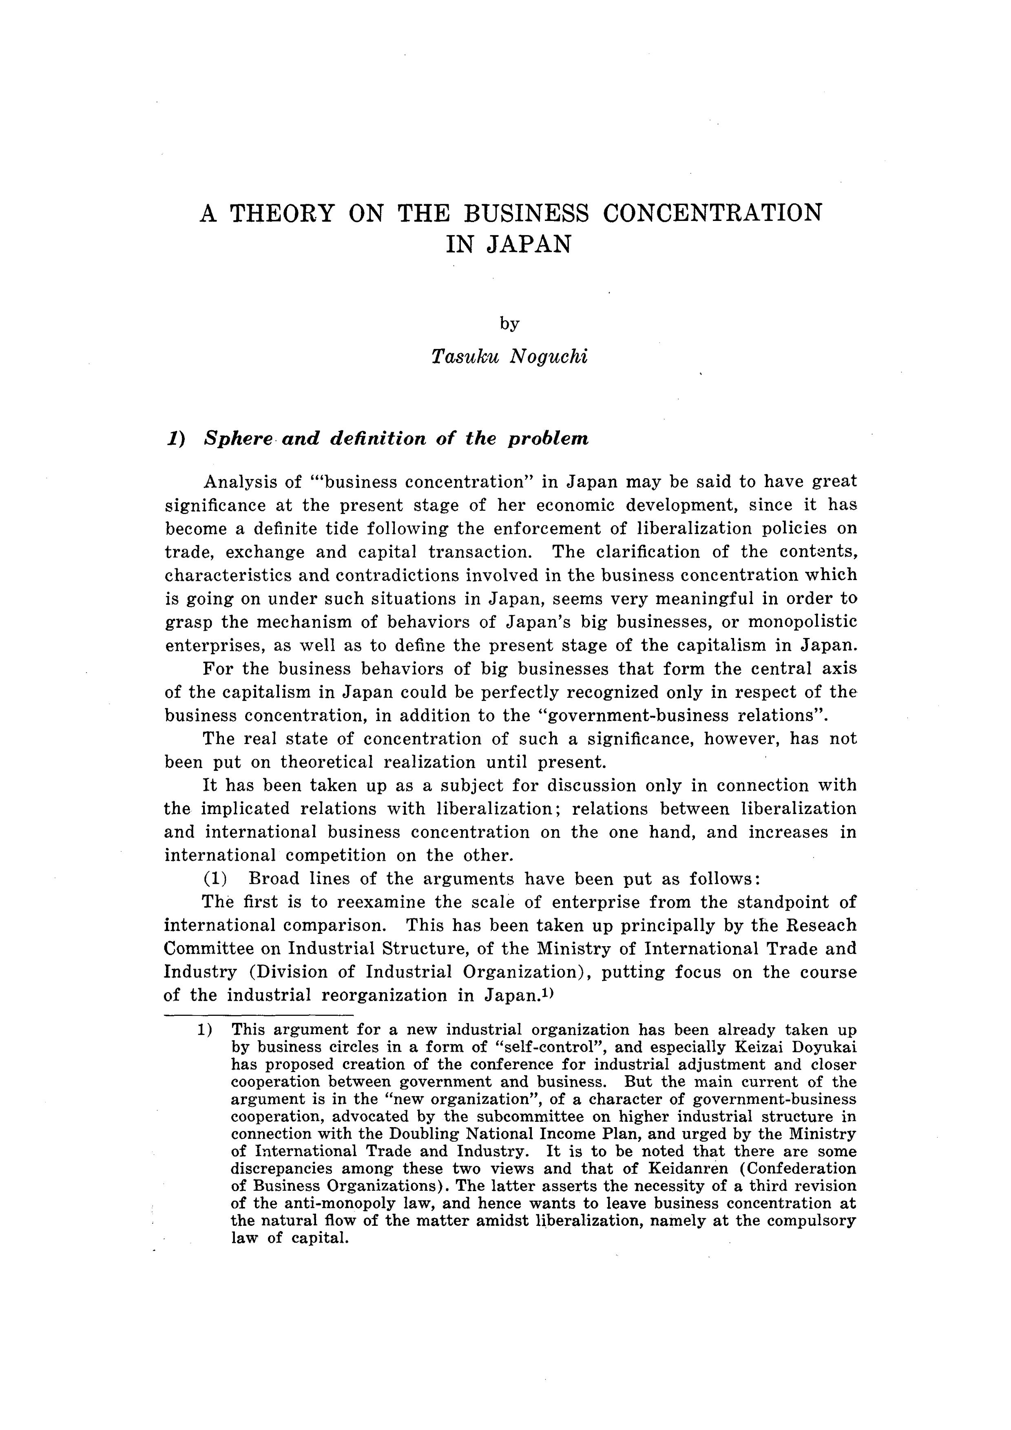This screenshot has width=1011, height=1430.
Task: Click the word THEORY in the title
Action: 281,214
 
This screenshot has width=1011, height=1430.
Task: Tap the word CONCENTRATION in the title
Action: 712,214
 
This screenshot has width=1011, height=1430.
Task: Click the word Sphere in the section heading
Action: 239,439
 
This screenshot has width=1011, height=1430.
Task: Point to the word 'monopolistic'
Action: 802,622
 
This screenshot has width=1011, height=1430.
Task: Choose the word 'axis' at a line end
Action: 841,669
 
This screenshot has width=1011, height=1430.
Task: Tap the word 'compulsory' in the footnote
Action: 812,1220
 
